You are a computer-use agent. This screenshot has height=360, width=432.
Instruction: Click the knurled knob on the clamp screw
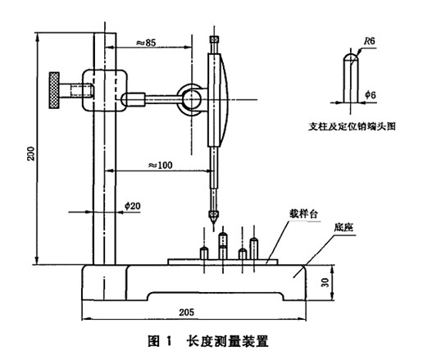click(54, 90)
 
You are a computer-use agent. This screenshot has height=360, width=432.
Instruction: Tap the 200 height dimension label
click(31, 153)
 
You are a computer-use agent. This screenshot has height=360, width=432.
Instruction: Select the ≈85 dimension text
click(146, 43)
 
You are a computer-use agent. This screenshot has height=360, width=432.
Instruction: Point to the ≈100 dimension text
click(161, 165)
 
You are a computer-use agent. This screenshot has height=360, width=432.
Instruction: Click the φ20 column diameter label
click(133, 206)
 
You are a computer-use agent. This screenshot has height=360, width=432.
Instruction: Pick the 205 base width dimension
click(187, 312)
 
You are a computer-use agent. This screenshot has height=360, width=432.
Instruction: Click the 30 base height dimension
click(325, 282)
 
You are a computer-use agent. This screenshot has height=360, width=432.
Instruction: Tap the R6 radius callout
click(370, 41)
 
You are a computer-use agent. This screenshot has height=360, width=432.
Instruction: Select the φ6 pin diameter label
click(371, 95)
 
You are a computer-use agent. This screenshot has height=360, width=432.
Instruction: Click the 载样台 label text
click(303, 214)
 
